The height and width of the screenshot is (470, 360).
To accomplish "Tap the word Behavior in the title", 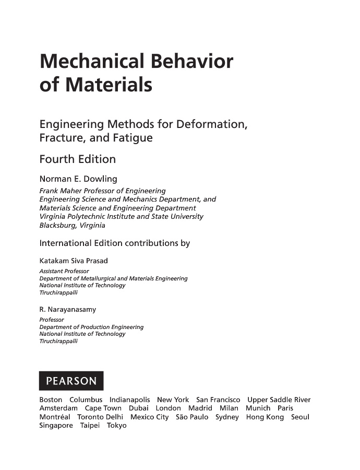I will [x=191, y=62].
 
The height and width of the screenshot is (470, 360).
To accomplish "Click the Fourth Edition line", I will [x=78, y=159].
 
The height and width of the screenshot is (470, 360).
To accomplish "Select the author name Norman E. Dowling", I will [x=78, y=179].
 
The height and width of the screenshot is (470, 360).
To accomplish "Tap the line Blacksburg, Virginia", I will [x=72, y=226].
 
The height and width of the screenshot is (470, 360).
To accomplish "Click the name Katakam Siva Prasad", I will [x=74, y=261].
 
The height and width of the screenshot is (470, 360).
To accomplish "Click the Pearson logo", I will [x=71, y=381].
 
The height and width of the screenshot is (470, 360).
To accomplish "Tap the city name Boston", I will [x=51, y=399].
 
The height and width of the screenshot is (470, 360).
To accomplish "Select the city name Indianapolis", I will [x=129, y=399].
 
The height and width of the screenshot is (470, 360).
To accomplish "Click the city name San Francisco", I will [x=218, y=399].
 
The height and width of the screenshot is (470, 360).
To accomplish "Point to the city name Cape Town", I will [x=103, y=408].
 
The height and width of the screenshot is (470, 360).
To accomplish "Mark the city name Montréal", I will [x=55, y=417].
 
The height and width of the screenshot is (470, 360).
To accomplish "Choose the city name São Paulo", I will [x=192, y=417].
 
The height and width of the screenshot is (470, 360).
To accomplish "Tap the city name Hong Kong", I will [x=265, y=417].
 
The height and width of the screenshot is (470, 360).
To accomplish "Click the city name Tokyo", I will [x=116, y=426].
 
